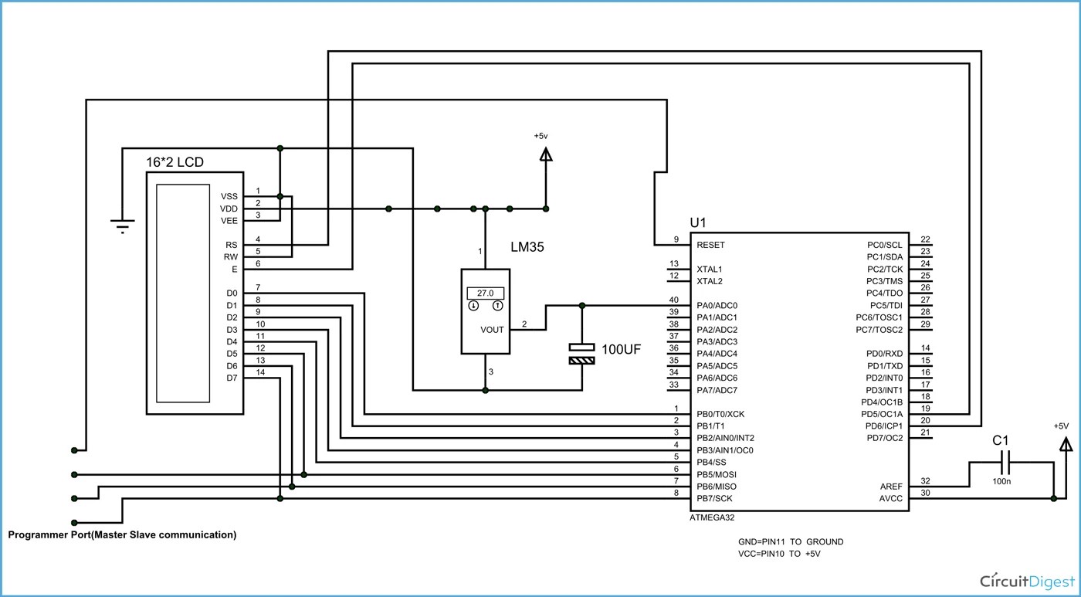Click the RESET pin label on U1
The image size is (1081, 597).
[710, 245]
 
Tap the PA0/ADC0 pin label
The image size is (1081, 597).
[717, 306]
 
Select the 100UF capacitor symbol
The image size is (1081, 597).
[582, 354]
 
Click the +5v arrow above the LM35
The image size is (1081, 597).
[546, 154]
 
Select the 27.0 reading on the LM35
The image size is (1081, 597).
[485, 293]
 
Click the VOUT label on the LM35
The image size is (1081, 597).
[492, 330]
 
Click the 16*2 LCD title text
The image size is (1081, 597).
[175, 163]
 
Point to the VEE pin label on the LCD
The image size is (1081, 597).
[229, 221]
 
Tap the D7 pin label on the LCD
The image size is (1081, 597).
[232, 378]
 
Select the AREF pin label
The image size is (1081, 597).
[890, 487]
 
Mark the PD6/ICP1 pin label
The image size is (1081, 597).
[884, 426]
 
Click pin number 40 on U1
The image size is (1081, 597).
[674, 300]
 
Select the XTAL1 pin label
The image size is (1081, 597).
[710, 269]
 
